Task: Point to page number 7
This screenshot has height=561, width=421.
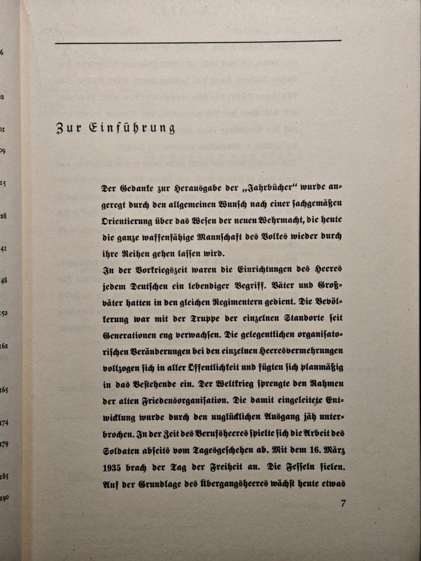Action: click(343, 503)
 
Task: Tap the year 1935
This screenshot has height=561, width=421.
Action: click(112, 467)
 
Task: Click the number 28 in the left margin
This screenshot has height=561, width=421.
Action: click(3, 216)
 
